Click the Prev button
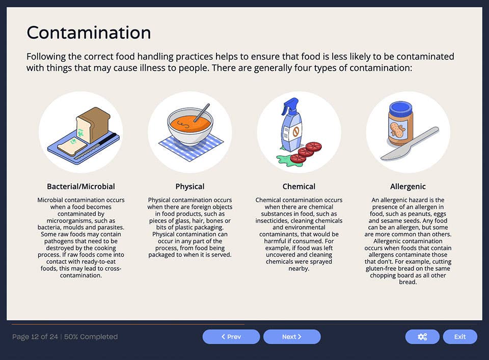(231, 337)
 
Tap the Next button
(292, 337)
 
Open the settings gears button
(422, 337)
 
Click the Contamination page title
(89, 33)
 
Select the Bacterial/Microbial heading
(81, 186)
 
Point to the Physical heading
(190, 186)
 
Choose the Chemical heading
(299, 186)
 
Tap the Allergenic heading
(408, 186)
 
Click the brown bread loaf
(94, 123)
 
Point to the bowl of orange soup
(189, 129)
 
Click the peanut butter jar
(400, 127)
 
